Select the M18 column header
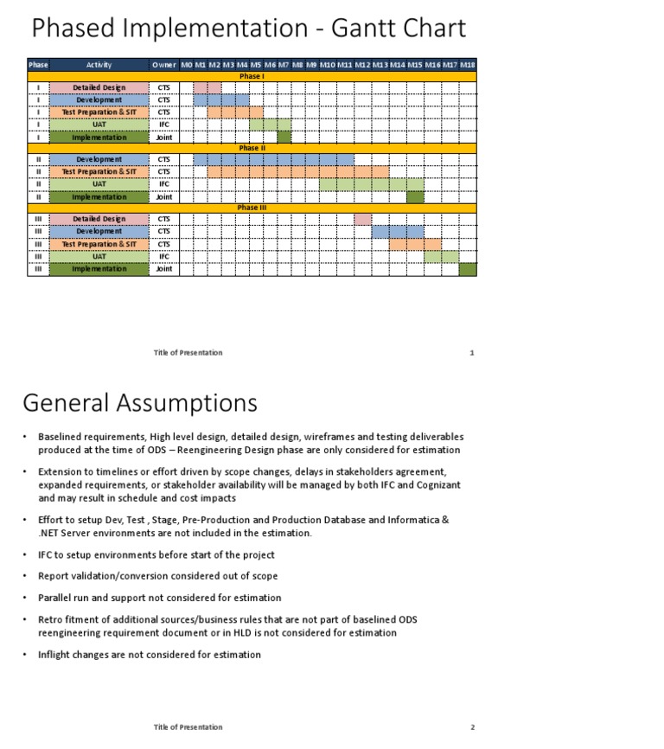click(467, 65)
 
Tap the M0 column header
click(186, 65)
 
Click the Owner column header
click(163, 65)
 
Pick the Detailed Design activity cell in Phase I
click(99, 87)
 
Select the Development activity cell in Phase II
click(99, 159)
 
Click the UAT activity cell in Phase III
click(99, 257)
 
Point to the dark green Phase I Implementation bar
click(284, 137)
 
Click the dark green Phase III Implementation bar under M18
click(467, 269)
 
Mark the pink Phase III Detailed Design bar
click(362, 220)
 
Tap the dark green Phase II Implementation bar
click(415, 197)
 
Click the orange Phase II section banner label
click(252, 148)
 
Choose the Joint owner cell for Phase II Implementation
click(163, 197)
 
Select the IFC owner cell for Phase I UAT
click(163, 125)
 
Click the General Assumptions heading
click(139, 403)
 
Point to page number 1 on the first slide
click(471, 353)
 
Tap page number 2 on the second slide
click(472, 727)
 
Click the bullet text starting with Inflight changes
click(150, 655)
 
